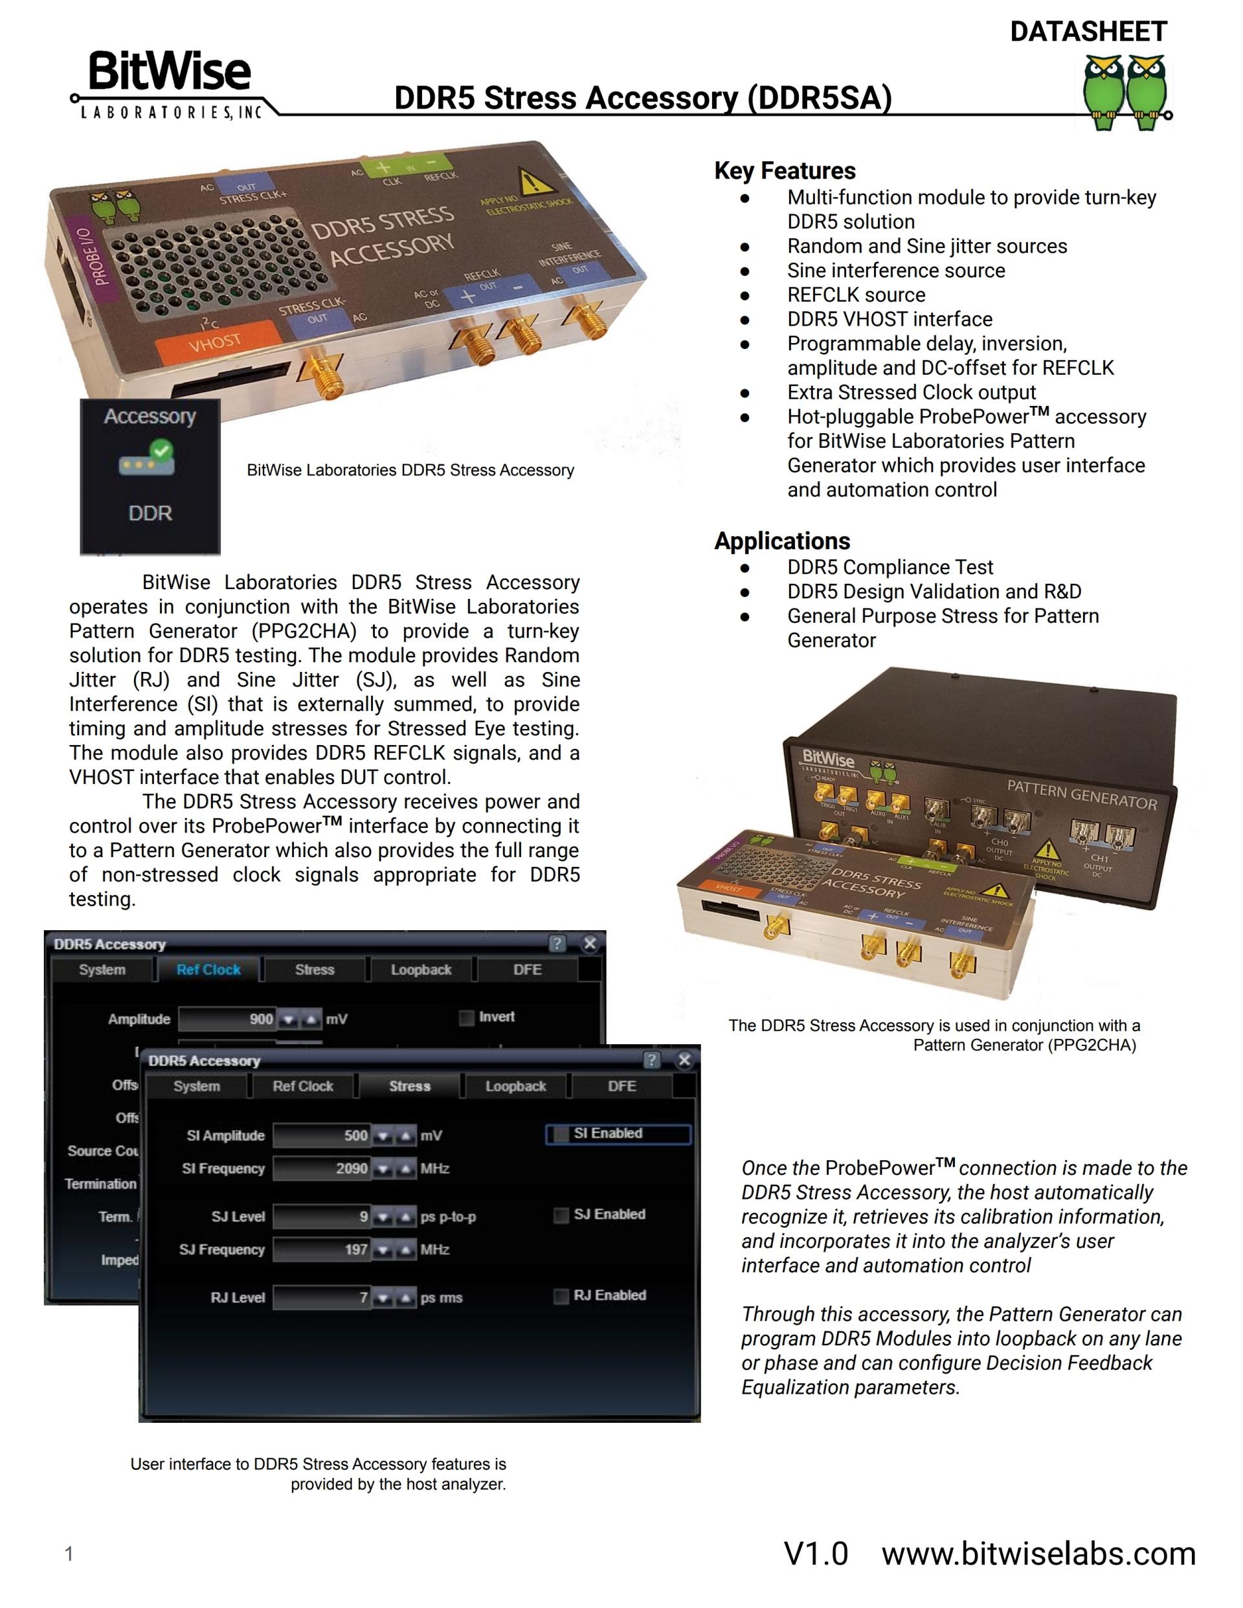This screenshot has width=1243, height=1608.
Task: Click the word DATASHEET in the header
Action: click(1088, 32)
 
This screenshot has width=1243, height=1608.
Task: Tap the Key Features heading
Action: click(784, 171)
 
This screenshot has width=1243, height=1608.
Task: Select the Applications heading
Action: click(781, 541)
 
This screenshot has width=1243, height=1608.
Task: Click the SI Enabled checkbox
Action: click(561, 1134)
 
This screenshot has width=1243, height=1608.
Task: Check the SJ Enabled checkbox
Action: click(561, 1215)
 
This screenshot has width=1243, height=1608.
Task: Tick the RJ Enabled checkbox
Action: click(561, 1296)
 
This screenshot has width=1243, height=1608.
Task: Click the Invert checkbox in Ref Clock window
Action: click(466, 1018)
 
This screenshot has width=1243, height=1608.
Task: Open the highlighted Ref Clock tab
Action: click(208, 970)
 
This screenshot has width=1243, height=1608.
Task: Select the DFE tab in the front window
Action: click(621, 1086)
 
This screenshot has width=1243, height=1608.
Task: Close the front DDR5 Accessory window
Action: click(684, 1060)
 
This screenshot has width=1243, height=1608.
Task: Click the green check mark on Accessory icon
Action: click(161, 450)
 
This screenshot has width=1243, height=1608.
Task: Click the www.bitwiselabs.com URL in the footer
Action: click(1038, 1554)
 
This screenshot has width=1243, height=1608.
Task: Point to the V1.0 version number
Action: click(816, 1554)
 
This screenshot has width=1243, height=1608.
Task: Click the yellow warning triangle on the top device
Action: click(530, 181)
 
